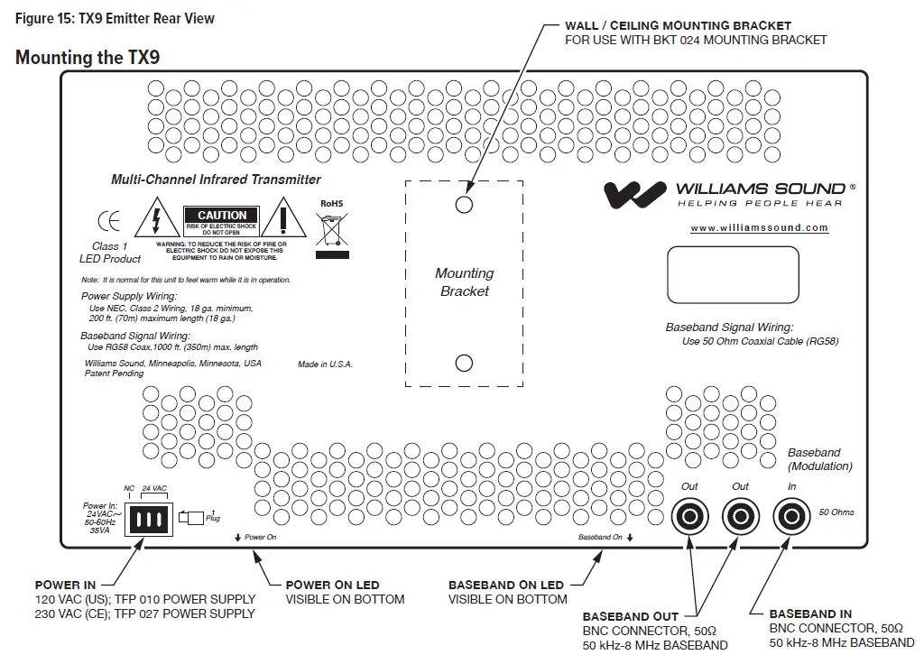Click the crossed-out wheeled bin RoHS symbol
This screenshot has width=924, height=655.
click(x=333, y=231)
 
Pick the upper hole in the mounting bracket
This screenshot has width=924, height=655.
click(x=464, y=205)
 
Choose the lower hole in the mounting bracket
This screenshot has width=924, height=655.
click(x=464, y=363)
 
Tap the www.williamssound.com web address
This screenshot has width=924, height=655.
click(x=759, y=228)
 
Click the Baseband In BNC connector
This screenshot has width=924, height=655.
click(x=790, y=516)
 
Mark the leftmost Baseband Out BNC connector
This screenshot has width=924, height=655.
click(x=690, y=516)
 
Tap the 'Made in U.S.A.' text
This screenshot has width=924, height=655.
click(x=325, y=364)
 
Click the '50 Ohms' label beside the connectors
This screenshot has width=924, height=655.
click(x=836, y=512)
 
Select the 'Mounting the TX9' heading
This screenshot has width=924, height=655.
click(x=87, y=58)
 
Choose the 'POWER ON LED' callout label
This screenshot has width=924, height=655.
click(x=332, y=585)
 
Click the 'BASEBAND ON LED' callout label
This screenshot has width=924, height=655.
click(x=505, y=585)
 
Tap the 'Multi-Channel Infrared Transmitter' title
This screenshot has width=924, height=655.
click(x=216, y=180)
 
